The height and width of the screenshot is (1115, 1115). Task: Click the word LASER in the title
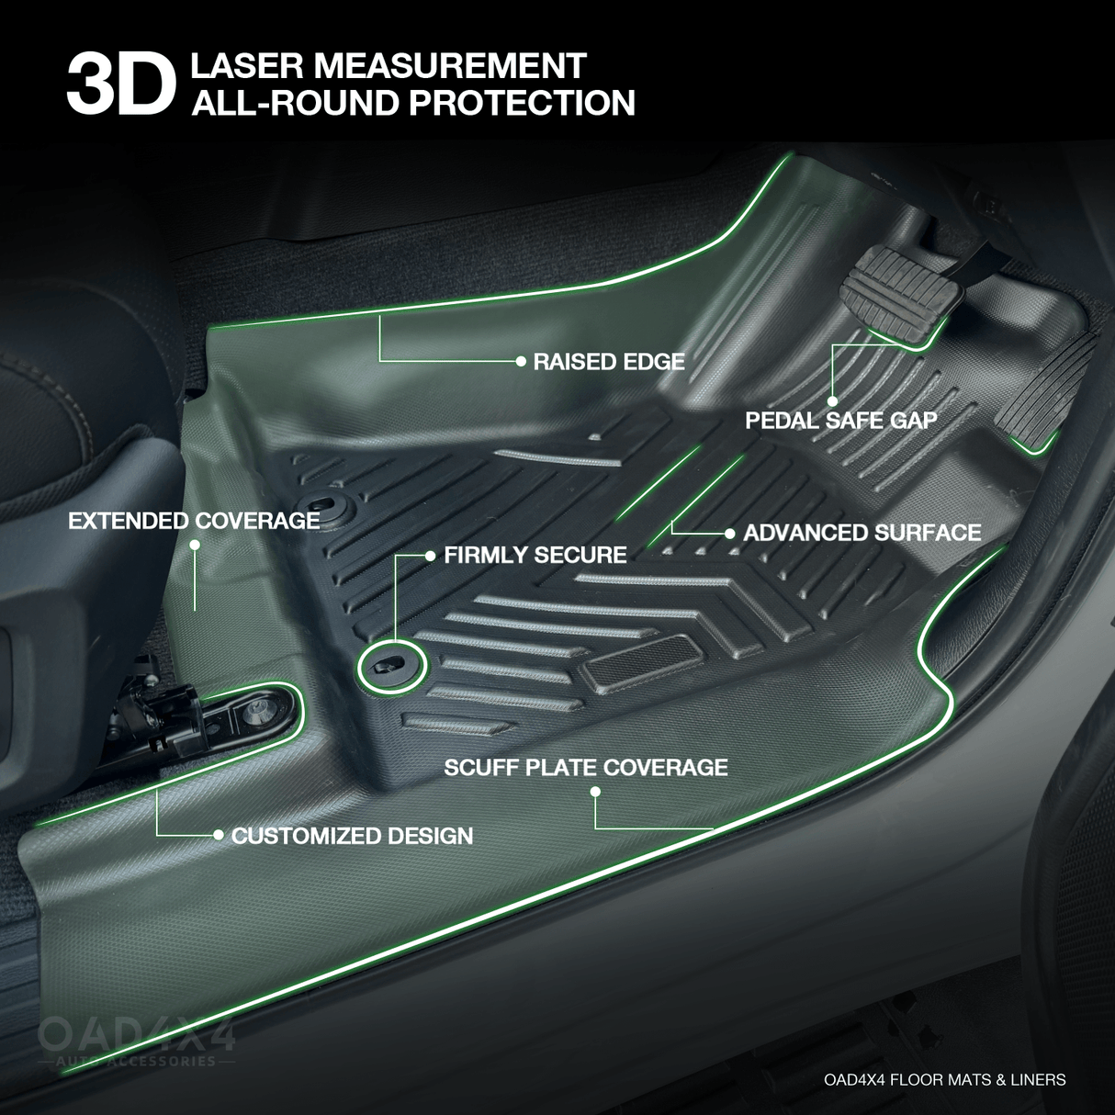(x=242, y=66)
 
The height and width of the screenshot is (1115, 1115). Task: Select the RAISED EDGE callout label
(x=609, y=362)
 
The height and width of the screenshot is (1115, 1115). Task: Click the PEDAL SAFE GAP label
(x=841, y=421)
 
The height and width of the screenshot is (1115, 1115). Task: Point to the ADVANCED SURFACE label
(x=862, y=533)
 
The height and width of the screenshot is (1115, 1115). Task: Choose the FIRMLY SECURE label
(x=535, y=555)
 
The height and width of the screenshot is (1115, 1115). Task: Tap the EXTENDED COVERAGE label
(x=194, y=521)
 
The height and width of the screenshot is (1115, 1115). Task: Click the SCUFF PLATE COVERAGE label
(x=586, y=767)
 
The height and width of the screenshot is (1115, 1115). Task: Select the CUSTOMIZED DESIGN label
(x=353, y=836)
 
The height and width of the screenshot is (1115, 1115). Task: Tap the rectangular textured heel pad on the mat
(x=642, y=659)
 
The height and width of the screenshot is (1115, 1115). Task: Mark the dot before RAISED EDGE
(x=521, y=361)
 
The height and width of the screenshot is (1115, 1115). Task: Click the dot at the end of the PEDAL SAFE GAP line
(x=832, y=400)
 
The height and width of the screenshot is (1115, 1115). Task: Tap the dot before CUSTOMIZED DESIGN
(x=219, y=835)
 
